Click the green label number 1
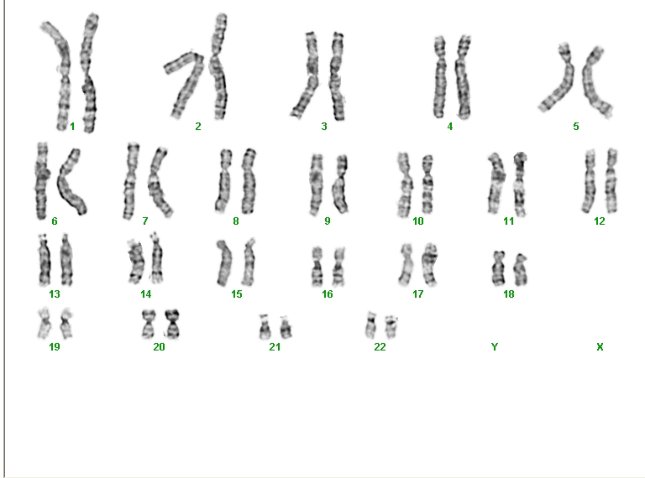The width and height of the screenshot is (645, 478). coord(72,127)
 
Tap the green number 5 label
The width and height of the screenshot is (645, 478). coord(576,127)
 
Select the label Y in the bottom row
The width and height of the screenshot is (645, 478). coord(495,347)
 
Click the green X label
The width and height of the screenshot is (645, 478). coord(600,347)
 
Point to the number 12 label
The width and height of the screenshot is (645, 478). coord(600,221)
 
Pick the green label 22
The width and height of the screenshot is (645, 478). coord(380,347)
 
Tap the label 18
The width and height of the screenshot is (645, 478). coord(509,294)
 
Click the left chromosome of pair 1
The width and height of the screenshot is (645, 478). coord(61,74)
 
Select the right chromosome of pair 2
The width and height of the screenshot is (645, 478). coord(219,65)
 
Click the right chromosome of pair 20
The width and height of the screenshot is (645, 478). coord(172,324)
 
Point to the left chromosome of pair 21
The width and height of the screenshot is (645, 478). coord(265,327)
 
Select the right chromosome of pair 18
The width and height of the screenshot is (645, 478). coord(522,270)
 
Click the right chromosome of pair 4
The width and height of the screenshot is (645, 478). coord(464,77)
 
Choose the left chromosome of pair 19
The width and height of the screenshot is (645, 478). coord(45,323)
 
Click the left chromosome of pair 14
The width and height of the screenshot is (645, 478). coord(135,262)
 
